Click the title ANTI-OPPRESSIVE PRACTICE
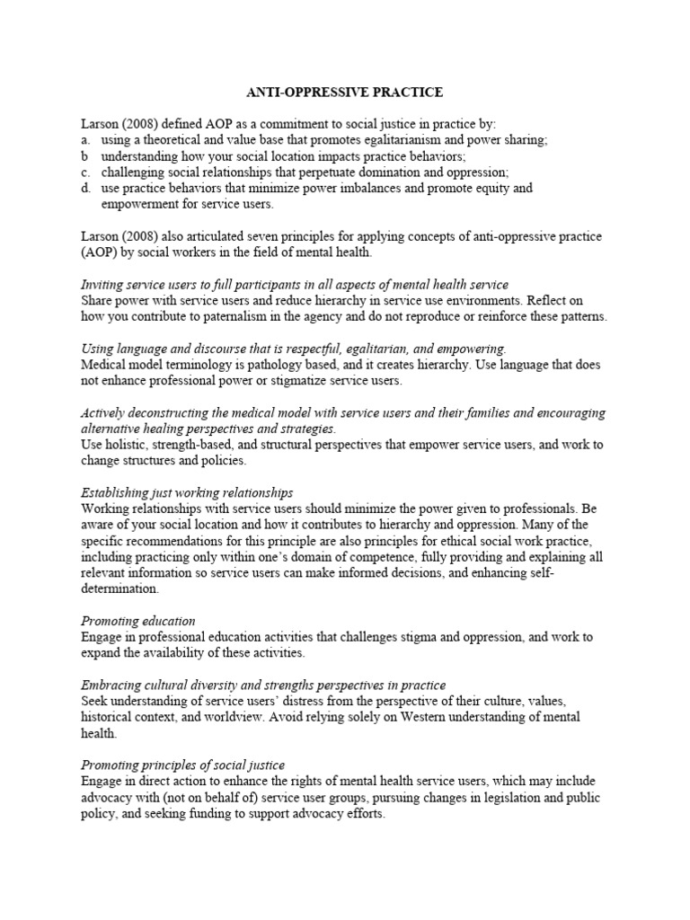345,92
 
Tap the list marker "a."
84,141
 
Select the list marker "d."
84,189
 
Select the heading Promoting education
138,621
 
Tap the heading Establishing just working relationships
187,492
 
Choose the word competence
368,557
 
